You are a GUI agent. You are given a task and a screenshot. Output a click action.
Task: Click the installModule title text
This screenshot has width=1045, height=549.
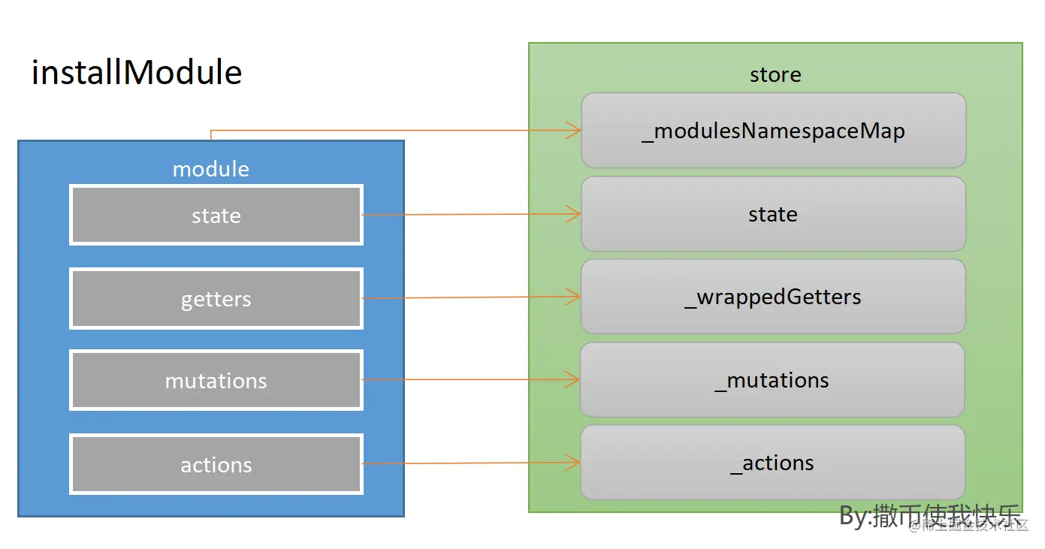(x=137, y=73)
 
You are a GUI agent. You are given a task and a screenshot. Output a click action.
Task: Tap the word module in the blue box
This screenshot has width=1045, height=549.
(x=210, y=169)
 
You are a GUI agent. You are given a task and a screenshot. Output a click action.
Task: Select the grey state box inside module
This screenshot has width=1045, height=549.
(x=216, y=216)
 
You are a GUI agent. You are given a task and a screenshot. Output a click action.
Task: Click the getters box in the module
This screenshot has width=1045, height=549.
(x=216, y=299)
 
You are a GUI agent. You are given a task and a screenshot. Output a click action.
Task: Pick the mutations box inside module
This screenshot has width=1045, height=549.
(x=216, y=381)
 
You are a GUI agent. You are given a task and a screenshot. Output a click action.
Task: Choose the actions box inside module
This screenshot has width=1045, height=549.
(x=216, y=465)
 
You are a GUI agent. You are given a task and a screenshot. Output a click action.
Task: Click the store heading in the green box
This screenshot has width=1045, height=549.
(x=775, y=74)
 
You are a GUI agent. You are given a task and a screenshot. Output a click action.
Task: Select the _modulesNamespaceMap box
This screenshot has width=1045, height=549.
(x=774, y=131)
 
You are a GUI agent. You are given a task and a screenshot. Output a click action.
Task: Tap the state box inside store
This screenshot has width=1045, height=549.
(x=774, y=215)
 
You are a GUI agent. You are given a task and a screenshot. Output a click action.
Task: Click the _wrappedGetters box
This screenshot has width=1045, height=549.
(x=774, y=297)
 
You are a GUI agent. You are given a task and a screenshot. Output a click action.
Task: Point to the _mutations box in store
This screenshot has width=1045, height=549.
(x=772, y=380)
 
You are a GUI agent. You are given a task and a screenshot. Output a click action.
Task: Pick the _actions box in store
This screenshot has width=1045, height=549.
(x=772, y=463)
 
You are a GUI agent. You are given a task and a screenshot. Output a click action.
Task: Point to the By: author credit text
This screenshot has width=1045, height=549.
(x=930, y=516)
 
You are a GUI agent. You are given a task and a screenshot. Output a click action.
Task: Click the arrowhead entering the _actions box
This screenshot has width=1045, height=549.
(x=574, y=463)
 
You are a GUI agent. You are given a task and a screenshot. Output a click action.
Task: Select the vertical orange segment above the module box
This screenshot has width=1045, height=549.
(x=211, y=135)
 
